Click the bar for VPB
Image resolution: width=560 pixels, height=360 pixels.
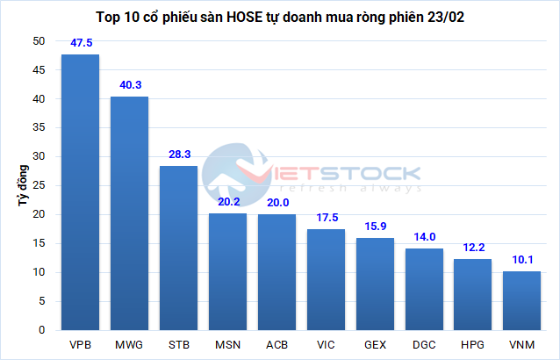coord(80,192)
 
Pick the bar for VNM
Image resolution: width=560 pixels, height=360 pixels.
coord(522,300)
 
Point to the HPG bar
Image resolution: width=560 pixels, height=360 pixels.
coord(473,294)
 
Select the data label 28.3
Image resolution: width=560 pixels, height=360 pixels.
coord(178,154)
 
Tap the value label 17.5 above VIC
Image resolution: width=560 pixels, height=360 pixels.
coord(326,217)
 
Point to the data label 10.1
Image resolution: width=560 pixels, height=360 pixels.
coord(522,259)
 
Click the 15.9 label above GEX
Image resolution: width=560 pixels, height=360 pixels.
coord(375,226)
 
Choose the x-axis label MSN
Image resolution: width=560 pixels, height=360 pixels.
coord(227,344)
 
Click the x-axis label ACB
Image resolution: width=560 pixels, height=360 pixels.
coord(276,344)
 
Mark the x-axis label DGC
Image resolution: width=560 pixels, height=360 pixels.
coord(424,344)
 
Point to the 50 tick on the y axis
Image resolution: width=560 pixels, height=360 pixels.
coord(39,41)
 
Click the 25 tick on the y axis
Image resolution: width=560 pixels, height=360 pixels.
coord(39,186)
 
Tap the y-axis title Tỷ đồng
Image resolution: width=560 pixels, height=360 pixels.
coord(19,185)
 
